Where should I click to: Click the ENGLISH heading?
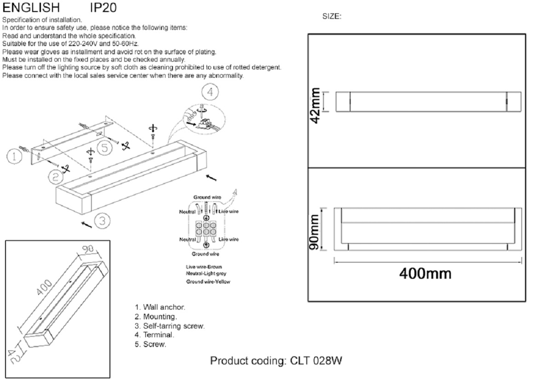click(31, 8)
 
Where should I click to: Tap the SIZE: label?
click(332, 17)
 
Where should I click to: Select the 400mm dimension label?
click(425, 274)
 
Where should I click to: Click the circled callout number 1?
click(14, 156)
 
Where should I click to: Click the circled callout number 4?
click(210, 92)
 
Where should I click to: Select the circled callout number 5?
click(105, 148)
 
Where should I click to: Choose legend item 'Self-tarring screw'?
click(170, 326)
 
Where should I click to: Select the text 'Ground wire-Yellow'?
click(208, 282)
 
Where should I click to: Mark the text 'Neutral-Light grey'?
click(206, 274)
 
